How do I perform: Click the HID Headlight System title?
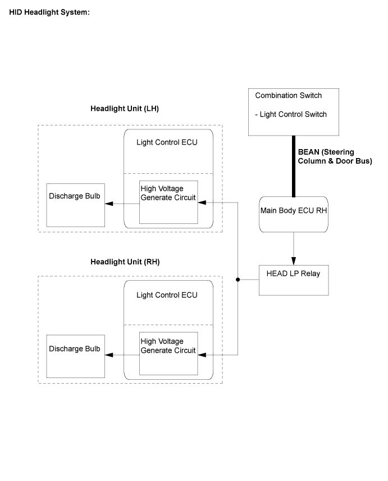pyautogui.click(x=49, y=12)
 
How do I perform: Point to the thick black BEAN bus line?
pyautogui.click(x=293, y=167)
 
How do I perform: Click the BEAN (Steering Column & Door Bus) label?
pyautogui.click(x=335, y=156)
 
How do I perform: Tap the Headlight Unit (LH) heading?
pyautogui.click(x=125, y=109)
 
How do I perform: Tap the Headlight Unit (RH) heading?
pyautogui.click(x=125, y=262)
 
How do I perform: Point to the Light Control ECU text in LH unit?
pyautogui.click(x=167, y=142)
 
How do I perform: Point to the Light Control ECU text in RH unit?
pyautogui.click(x=167, y=295)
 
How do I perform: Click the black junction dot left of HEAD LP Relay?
pyautogui.click(x=238, y=280)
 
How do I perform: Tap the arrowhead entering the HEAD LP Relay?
pyautogui.click(x=294, y=261)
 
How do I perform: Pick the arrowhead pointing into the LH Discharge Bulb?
pyautogui.click(x=109, y=204)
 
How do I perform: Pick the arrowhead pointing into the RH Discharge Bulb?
pyautogui.click(x=109, y=355)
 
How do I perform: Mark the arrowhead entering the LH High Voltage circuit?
pyautogui.click(x=202, y=203)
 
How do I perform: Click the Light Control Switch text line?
pyautogui.click(x=291, y=114)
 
